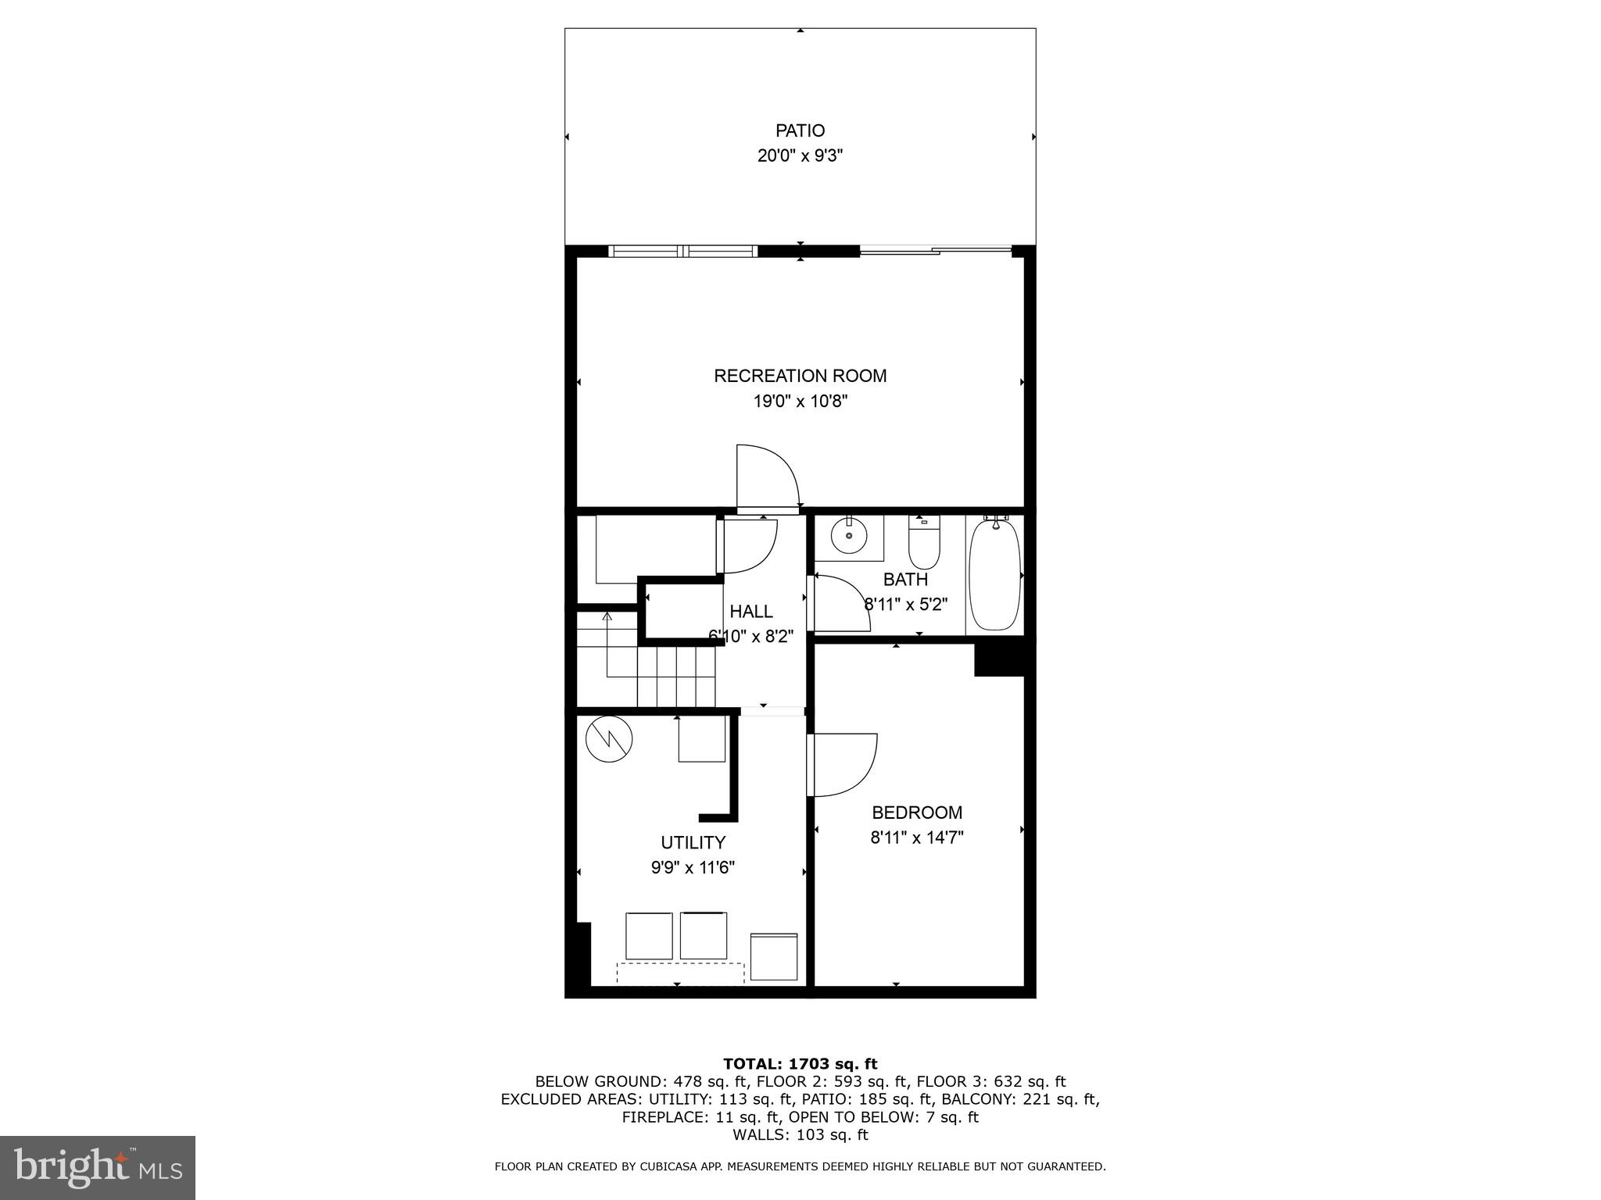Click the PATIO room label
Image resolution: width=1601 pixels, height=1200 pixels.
click(800, 130)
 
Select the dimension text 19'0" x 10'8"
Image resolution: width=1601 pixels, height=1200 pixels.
click(800, 402)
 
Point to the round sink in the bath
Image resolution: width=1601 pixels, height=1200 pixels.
click(849, 536)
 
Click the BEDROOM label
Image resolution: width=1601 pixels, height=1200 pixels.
click(917, 812)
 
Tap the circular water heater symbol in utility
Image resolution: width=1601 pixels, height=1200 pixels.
click(609, 739)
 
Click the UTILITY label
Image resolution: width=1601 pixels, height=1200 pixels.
click(693, 842)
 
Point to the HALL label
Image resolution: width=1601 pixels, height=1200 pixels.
click(751, 612)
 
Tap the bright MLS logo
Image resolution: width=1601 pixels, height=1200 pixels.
click(98, 1168)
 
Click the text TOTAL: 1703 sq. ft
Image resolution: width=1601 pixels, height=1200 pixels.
click(800, 1063)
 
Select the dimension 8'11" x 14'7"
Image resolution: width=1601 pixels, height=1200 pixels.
click(917, 838)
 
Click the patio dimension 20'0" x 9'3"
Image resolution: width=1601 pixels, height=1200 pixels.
click(800, 155)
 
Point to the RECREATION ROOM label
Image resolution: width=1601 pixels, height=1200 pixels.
click(800, 376)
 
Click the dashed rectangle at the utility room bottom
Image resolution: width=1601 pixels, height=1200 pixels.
click(680, 973)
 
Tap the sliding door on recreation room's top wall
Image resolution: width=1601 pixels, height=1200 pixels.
click(935, 250)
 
